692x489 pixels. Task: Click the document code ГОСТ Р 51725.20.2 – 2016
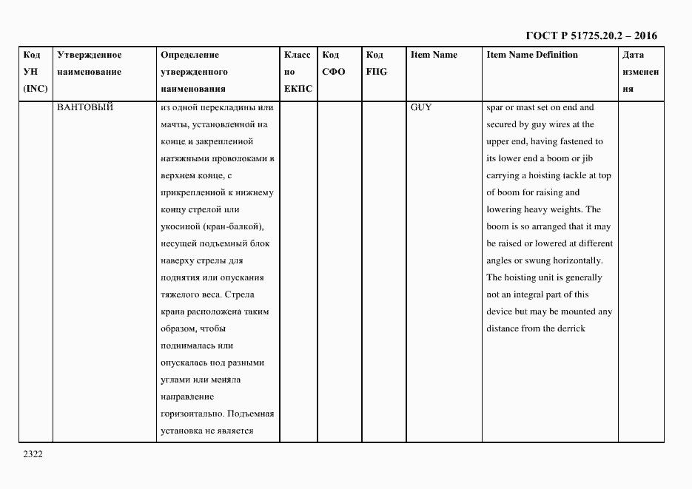click(591, 36)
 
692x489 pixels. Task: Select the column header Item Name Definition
click(532, 55)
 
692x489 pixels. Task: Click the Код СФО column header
click(334, 63)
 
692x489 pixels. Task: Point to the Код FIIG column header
click(376, 63)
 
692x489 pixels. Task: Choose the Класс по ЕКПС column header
click(298, 72)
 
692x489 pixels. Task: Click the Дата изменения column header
click(639, 72)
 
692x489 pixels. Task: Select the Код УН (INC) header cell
click(35, 72)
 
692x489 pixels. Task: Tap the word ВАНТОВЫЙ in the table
click(85, 107)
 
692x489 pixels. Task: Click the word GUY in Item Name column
click(420, 107)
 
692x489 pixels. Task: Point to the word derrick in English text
click(571, 328)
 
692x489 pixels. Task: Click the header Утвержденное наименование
click(90, 63)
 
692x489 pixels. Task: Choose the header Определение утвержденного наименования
click(194, 72)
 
